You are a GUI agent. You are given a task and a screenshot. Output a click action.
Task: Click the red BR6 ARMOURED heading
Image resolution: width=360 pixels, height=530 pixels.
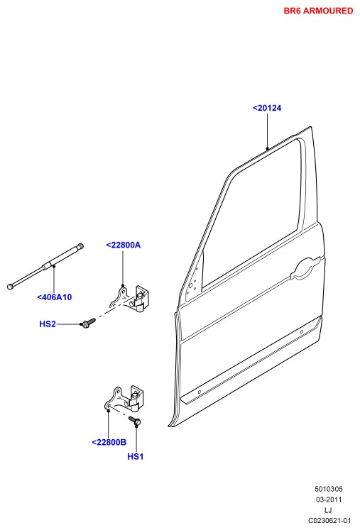318,11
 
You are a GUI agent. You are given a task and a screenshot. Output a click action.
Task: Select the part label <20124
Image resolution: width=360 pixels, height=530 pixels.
267,108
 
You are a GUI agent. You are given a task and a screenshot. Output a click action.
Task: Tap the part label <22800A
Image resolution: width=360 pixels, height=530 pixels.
123,245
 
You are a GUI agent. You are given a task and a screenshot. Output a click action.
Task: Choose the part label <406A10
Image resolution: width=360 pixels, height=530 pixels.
55,297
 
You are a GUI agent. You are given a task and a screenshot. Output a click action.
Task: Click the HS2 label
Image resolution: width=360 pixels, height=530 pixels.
48,324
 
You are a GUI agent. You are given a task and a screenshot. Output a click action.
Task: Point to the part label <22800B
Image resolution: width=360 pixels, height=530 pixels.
109,442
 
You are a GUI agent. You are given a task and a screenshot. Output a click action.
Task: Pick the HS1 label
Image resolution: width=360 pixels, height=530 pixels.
136,456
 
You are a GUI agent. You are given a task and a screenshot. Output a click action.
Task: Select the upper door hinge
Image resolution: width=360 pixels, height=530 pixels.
129,297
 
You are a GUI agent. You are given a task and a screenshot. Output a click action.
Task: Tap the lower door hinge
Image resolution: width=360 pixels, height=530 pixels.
124,399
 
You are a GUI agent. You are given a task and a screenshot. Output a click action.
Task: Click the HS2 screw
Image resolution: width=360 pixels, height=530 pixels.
87,322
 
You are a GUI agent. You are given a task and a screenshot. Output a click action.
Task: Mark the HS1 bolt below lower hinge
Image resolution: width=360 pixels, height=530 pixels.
135,421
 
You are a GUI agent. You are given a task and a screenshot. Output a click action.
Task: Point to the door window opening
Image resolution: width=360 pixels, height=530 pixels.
252,213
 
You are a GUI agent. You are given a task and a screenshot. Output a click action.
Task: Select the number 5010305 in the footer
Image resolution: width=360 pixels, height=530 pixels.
329,489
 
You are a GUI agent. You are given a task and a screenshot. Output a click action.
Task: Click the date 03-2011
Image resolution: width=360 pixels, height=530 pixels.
329,499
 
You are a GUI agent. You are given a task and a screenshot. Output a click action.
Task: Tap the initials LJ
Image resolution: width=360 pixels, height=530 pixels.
328,510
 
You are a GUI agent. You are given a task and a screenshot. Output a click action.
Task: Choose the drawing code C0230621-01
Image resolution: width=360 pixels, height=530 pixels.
329,521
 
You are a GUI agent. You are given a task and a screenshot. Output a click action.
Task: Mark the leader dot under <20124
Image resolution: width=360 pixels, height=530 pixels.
267,148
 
